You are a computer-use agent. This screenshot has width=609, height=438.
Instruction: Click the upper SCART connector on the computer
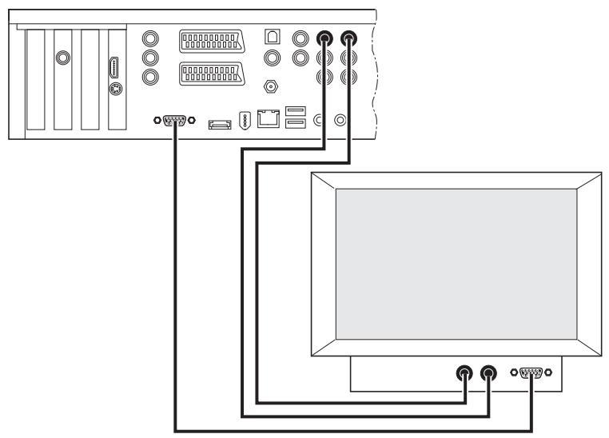click(x=210, y=42)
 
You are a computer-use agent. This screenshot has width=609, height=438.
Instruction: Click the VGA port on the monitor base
click(x=532, y=373)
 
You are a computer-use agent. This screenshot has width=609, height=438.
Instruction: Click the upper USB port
click(x=294, y=110)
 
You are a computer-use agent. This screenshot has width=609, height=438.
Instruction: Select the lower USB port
click(x=294, y=124)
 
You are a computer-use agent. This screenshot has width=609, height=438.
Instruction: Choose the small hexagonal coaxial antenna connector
click(x=272, y=86)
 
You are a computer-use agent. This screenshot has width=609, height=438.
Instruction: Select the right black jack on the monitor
click(x=488, y=373)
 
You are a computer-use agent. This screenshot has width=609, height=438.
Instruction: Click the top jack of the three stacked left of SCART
click(x=149, y=38)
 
